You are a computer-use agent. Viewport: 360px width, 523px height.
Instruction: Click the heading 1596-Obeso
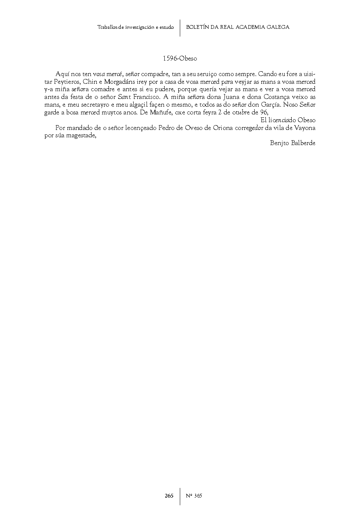(180, 58)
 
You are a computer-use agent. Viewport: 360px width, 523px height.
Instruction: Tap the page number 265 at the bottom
(169, 496)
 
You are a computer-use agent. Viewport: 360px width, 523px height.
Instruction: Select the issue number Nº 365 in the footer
(194, 496)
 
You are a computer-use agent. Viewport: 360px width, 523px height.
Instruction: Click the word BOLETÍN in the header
(197, 27)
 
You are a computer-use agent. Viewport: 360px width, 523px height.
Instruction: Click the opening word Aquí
(63, 74)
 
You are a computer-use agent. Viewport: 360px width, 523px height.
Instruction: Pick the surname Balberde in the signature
(303, 143)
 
